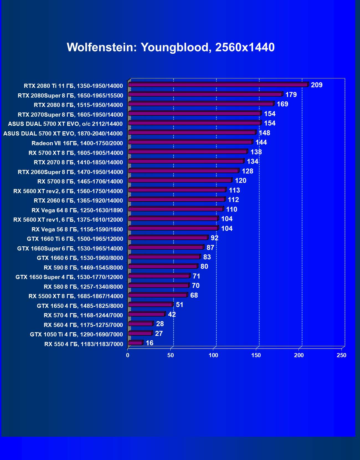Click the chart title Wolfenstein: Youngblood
click(171, 47)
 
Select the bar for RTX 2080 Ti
click(218, 85)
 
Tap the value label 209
click(317, 85)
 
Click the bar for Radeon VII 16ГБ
click(190, 142)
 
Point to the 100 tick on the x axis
click(213, 356)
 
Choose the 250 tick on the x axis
click(341, 356)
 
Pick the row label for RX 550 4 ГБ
click(84, 344)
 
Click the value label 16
click(150, 343)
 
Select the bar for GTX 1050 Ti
click(140, 333)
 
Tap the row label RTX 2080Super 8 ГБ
click(70, 96)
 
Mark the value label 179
click(291, 95)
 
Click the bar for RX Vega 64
click(176, 209)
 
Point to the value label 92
click(214, 238)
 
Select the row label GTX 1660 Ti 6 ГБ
click(75, 239)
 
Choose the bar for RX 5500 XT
click(158, 295)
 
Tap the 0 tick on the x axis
click(128, 356)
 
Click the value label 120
click(240, 181)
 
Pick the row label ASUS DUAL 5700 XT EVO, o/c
click(65, 124)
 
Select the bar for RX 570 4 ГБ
click(146, 314)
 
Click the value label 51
click(179, 305)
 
